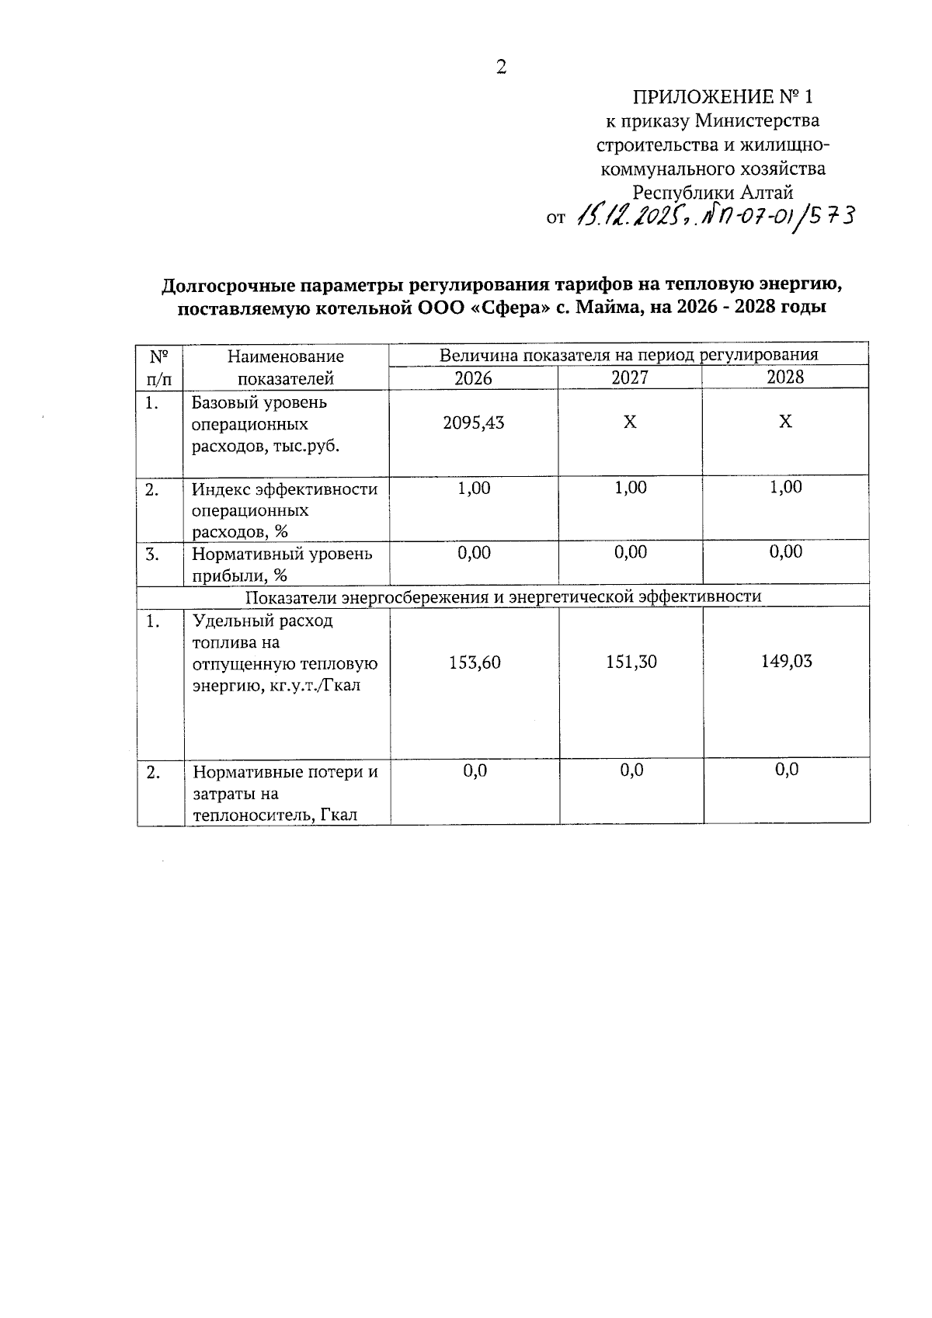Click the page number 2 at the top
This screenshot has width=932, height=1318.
coord(501,67)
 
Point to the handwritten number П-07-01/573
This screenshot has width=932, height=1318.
coord(777,215)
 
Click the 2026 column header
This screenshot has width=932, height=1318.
coord(473,378)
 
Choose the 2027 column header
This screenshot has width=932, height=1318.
coord(630,378)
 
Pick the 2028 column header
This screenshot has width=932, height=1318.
coord(785,378)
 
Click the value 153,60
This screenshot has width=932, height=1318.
coord(475,662)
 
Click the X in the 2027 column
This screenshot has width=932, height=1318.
coord(631,423)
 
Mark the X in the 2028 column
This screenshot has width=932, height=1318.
coord(786,422)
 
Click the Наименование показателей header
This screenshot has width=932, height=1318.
coord(285,367)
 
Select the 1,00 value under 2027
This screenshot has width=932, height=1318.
coord(630,488)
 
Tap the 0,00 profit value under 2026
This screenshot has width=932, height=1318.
coord(474,553)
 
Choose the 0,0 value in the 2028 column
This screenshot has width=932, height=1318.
coord(787,770)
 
